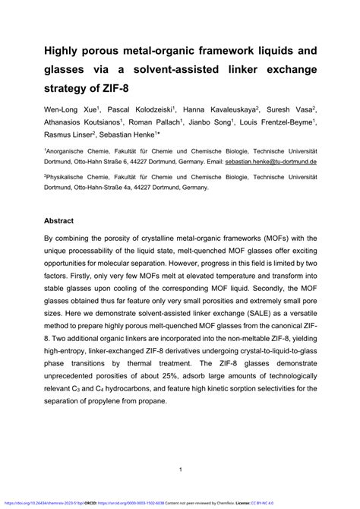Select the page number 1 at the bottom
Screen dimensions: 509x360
(x=180, y=469)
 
